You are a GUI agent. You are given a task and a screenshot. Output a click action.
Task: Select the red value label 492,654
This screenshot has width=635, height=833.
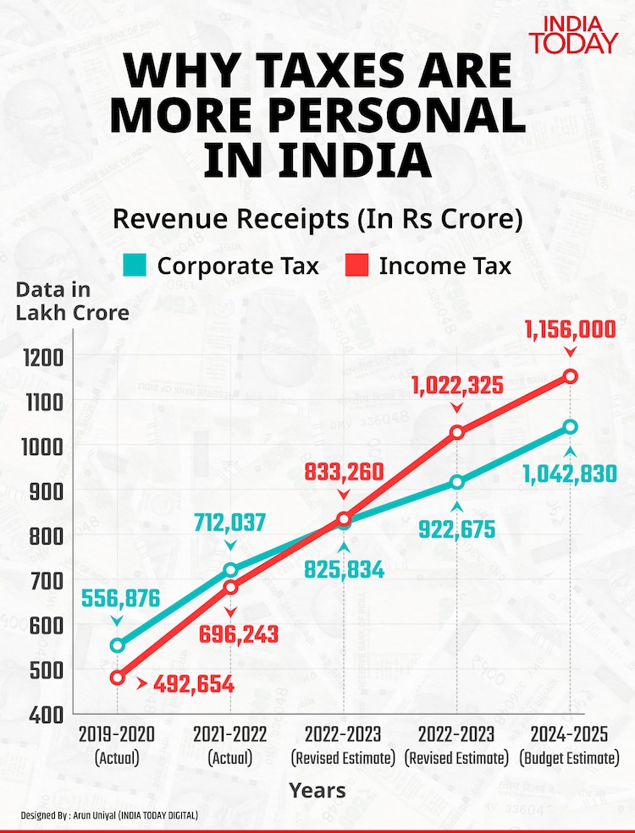tap(193, 684)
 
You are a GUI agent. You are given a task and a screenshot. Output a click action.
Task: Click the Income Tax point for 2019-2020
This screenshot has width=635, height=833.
tap(117, 677)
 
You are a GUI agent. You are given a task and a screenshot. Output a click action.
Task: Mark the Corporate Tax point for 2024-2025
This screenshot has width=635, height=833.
tap(571, 427)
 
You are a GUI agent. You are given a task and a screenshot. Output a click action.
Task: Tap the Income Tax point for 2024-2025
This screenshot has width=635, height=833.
tap(571, 376)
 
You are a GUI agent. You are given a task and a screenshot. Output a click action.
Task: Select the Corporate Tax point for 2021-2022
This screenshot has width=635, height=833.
tap(229, 569)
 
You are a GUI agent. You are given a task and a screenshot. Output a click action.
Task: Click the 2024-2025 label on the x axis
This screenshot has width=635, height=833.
tap(569, 733)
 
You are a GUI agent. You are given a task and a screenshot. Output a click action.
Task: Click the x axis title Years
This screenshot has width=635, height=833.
tap(317, 791)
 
